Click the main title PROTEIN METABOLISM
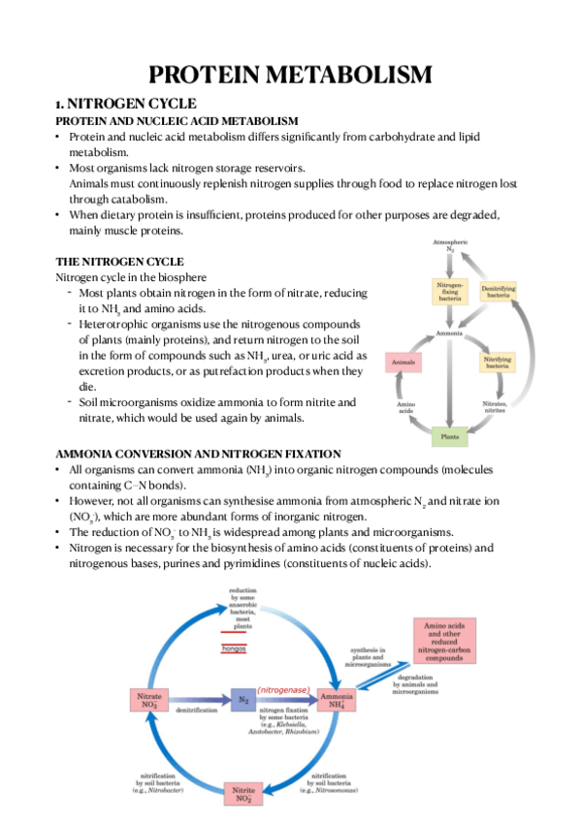[290, 75]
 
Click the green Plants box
[449, 436]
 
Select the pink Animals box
[403, 362]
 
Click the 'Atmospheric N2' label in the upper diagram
[449, 244]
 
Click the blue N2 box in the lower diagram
[245, 699]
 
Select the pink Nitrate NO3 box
[150, 699]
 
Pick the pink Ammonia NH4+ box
[334, 699]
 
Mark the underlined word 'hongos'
[234, 648]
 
